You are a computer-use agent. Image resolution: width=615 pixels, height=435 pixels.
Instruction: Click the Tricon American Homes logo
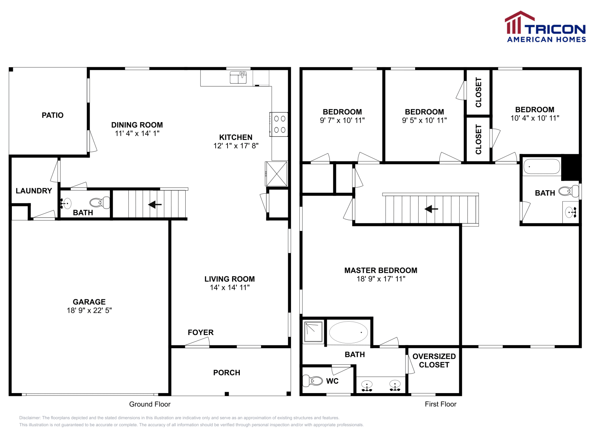click(x=545, y=27)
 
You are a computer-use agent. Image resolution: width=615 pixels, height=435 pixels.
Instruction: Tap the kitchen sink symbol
click(x=238, y=77)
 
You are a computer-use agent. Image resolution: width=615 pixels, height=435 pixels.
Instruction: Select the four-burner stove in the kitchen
click(x=279, y=125)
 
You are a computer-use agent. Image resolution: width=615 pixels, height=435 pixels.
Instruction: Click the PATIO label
click(x=52, y=115)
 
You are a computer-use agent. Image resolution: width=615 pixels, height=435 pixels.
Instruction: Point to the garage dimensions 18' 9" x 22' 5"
click(x=89, y=310)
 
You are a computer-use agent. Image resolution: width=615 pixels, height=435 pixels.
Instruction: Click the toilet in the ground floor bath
click(x=100, y=203)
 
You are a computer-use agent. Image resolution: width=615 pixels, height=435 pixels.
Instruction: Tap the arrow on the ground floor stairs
click(x=155, y=204)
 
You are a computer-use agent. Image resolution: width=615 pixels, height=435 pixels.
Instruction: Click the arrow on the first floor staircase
click(x=431, y=209)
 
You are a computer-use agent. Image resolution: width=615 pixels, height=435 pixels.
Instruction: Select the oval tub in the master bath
click(x=348, y=332)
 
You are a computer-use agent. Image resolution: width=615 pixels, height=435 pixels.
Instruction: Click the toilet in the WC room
click(x=312, y=381)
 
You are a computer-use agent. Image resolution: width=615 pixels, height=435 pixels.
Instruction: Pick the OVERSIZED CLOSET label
click(x=434, y=360)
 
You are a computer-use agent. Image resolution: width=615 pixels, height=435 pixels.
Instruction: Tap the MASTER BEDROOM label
click(x=381, y=271)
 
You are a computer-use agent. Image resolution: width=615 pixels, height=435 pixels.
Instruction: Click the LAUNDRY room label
click(x=34, y=191)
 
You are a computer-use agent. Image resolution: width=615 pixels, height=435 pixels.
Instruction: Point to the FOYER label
click(x=201, y=333)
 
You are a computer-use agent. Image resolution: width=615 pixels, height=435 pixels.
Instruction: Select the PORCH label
click(x=227, y=373)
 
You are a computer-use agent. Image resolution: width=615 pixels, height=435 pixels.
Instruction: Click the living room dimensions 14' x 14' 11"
click(x=230, y=287)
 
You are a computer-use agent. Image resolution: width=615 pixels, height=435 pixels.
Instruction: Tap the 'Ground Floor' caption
click(x=150, y=404)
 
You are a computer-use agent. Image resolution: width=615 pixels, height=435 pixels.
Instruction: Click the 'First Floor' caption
click(x=440, y=404)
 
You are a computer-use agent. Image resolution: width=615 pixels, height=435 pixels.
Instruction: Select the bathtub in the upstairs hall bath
click(x=542, y=166)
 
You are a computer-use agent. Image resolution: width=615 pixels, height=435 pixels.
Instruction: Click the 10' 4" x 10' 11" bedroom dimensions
click(x=535, y=118)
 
